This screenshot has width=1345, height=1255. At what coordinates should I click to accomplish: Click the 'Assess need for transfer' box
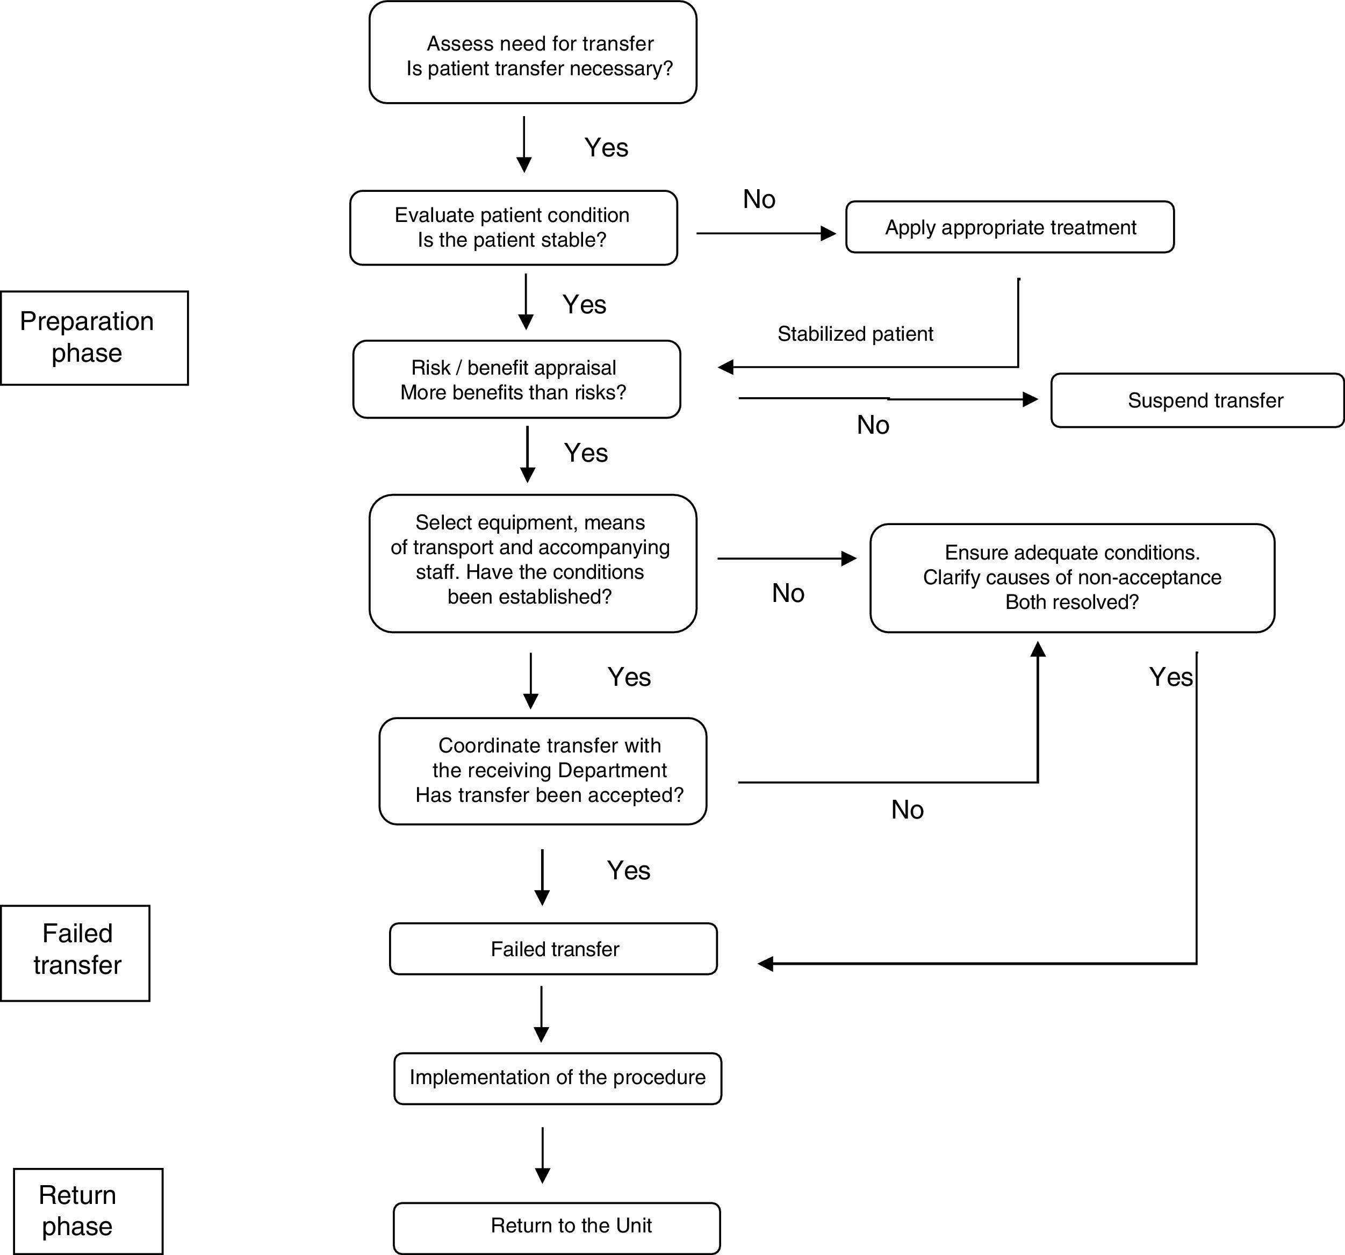533,53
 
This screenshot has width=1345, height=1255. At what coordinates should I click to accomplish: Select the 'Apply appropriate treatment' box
1010,227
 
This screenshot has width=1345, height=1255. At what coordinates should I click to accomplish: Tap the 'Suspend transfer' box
1196,400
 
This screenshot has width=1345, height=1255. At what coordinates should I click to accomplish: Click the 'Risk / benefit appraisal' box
516,379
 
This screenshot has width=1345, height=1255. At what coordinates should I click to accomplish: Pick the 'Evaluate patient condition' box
513,228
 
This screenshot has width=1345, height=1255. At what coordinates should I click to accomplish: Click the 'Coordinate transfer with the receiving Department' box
543,771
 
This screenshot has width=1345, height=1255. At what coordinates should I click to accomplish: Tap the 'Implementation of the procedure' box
557,1078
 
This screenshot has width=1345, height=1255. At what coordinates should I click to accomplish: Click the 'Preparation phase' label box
93,338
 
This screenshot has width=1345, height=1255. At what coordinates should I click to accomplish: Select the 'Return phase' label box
88,1210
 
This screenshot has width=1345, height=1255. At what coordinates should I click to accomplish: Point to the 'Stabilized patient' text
854,334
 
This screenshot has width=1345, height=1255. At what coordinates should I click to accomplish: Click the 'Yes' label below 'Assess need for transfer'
606,147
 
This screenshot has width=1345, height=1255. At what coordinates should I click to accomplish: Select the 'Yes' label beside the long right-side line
1170,677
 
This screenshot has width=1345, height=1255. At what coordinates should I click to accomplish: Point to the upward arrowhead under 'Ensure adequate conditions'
1037,649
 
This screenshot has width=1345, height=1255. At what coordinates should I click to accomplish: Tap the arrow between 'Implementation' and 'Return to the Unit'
542,1155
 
